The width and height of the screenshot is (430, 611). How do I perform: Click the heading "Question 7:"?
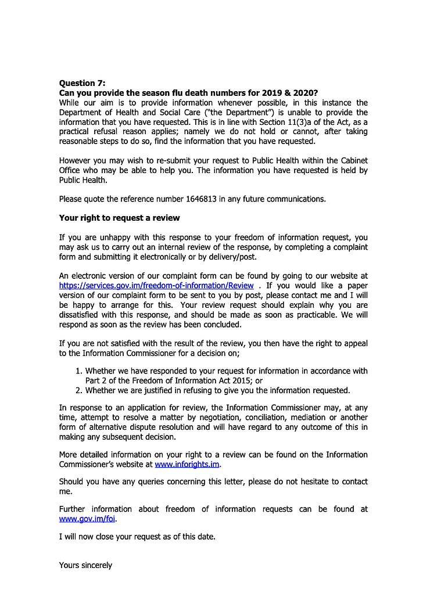(x=83, y=84)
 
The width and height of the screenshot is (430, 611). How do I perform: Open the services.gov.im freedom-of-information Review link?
(x=156, y=286)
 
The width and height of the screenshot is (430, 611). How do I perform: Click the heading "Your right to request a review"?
(x=119, y=218)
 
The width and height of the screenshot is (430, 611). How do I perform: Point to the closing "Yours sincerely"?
(x=85, y=565)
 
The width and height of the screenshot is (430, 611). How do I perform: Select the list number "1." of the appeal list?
(x=80, y=371)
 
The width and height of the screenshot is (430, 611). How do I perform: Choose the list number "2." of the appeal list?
(x=80, y=390)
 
